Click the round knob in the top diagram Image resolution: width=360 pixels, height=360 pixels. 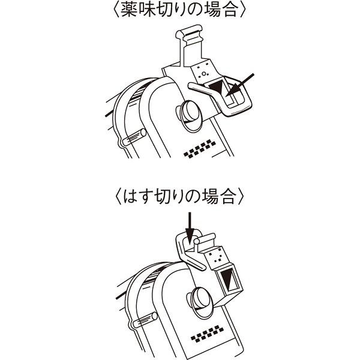(187, 113)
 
